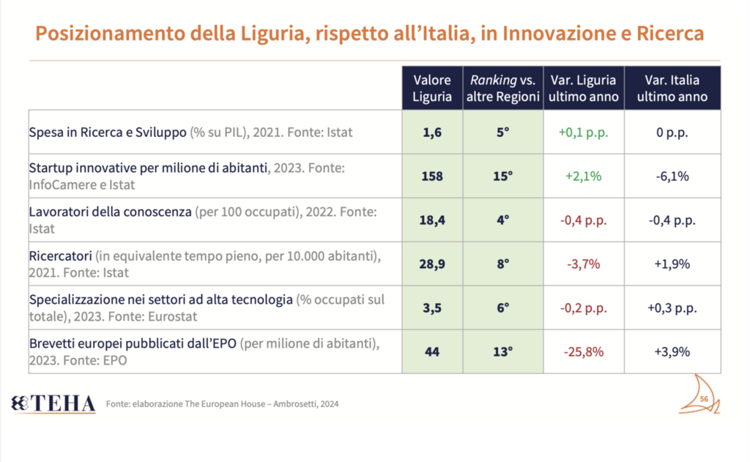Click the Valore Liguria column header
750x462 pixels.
[x=432, y=88]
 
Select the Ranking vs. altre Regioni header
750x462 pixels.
[x=502, y=88]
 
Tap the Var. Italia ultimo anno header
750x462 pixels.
[x=672, y=88]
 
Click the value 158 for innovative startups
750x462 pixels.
[x=432, y=176]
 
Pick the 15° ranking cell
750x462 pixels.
[x=502, y=176]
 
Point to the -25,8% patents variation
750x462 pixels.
[x=583, y=351]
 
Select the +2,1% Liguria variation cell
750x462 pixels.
[x=583, y=176]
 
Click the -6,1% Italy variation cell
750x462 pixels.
[x=672, y=176]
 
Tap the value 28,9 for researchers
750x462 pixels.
[x=432, y=264]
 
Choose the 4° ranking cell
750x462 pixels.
[x=502, y=220]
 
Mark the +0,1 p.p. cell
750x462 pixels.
[x=583, y=133]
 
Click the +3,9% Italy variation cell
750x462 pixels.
[x=672, y=351]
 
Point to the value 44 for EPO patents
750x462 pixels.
[x=432, y=351]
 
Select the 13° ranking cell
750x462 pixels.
[x=502, y=351]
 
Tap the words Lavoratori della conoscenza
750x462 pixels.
[x=110, y=212]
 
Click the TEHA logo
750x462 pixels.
[x=53, y=403]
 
